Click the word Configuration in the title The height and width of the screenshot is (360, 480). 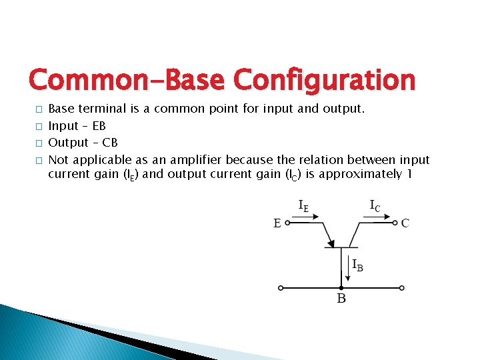(326, 81)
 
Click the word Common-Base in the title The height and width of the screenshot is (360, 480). (129, 81)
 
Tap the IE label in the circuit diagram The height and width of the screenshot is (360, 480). (303, 206)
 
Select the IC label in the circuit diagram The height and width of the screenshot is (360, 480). (375, 206)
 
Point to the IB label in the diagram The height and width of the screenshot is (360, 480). (358, 265)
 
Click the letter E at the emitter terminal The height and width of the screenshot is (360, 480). (277, 224)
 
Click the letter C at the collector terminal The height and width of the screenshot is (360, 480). (405, 223)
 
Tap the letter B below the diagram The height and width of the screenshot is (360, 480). (341, 299)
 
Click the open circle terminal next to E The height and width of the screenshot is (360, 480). (287, 224)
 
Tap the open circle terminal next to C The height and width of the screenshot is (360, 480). (395, 223)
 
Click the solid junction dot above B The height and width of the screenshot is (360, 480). (341, 288)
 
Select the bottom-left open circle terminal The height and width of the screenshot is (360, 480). (281, 288)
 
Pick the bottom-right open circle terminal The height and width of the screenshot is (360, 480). (402, 288)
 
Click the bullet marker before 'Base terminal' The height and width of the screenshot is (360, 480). (39, 109)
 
